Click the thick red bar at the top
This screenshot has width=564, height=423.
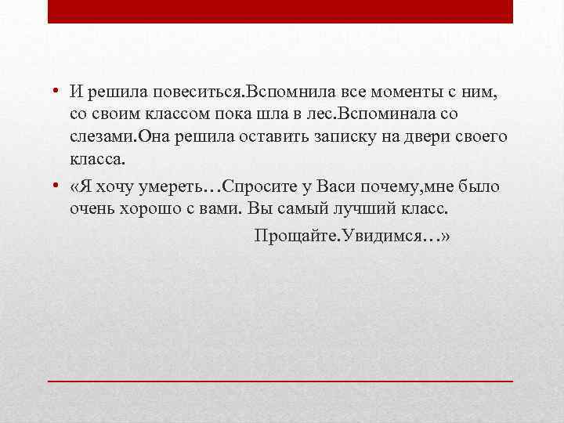[280, 12]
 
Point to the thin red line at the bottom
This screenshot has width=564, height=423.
[280, 380]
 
